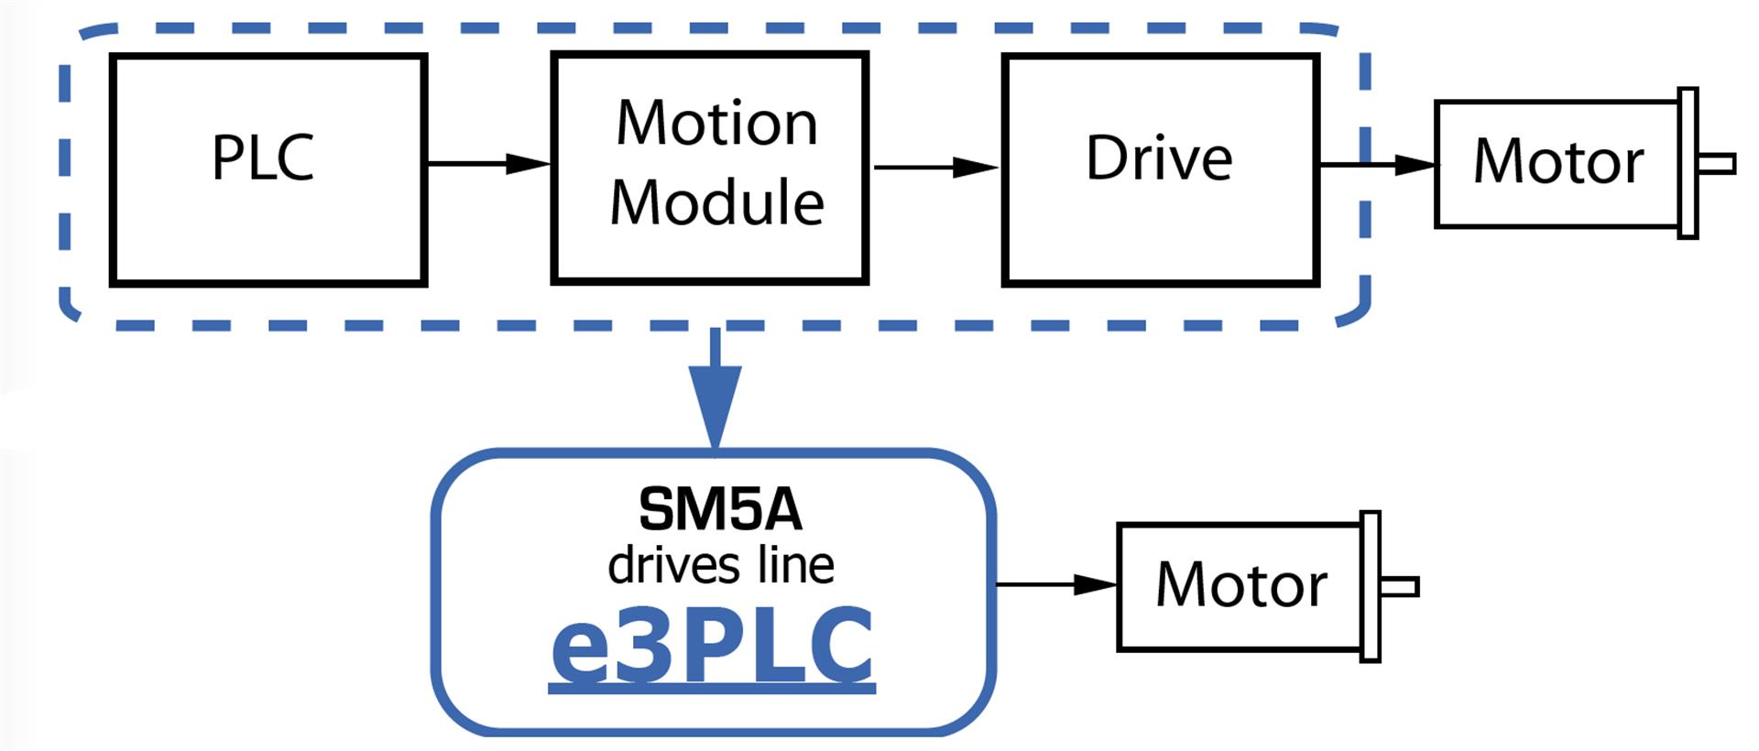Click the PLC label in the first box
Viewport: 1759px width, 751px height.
tap(263, 158)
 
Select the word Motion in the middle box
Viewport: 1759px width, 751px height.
tap(716, 123)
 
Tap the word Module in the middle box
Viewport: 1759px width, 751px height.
tap(716, 202)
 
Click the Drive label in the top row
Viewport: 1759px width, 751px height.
tap(1159, 158)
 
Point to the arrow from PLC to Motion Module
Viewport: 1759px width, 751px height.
tap(488, 164)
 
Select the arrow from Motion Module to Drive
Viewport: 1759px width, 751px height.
tap(935, 168)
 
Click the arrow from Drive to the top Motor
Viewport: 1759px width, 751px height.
tap(1378, 165)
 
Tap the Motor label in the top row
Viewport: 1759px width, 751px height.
tap(1558, 162)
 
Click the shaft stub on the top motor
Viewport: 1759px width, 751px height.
tap(1717, 164)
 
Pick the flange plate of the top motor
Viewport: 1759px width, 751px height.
tap(1688, 164)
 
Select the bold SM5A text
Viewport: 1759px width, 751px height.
tap(720, 509)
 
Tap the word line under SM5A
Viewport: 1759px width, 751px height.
tap(796, 565)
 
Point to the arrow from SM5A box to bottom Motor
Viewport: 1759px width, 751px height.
tap(1056, 584)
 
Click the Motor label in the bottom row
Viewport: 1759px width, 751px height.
tap(1241, 585)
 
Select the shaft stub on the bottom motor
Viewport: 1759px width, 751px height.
tap(1400, 587)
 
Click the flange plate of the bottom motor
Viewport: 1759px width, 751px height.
tap(1371, 587)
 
